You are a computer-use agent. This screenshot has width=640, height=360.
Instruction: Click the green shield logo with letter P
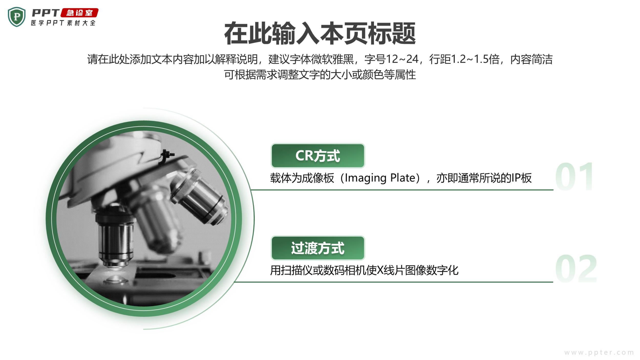(x=17, y=17)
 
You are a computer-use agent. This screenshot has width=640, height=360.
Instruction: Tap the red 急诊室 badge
(x=79, y=13)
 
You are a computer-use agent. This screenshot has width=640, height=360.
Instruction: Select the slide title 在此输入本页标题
(x=320, y=34)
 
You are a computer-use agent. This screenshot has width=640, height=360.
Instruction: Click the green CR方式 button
(x=318, y=156)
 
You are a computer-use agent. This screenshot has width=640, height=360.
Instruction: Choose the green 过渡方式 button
(x=318, y=248)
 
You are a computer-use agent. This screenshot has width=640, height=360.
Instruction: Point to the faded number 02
(x=576, y=269)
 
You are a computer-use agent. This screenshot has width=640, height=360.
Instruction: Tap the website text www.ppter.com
(x=599, y=353)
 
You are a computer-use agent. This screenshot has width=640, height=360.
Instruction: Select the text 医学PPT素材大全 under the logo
(x=63, y=23)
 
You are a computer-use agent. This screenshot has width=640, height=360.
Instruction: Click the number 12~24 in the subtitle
(x=402, y=59)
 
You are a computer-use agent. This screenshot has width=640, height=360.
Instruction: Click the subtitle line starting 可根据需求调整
(x=320, y=75)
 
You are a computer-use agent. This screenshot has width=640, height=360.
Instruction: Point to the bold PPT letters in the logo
(x=46, y=13)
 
